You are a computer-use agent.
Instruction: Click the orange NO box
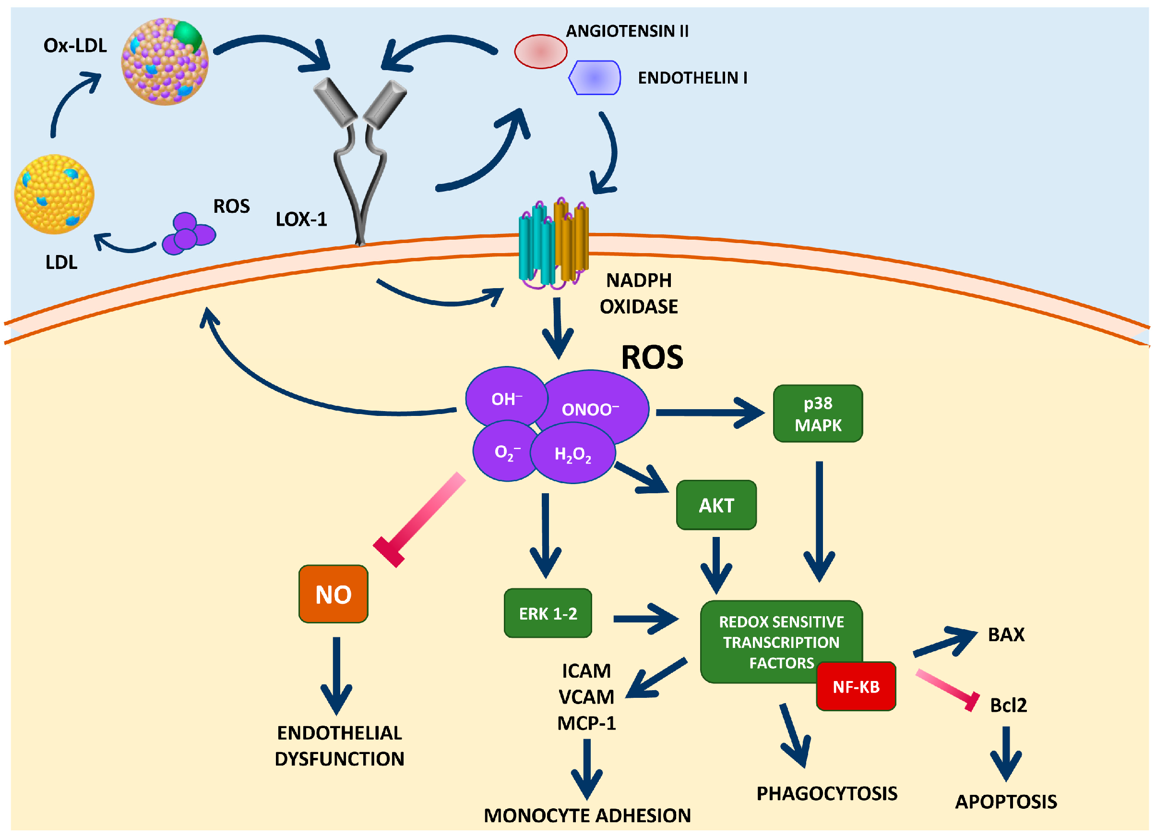(x=334, y=594)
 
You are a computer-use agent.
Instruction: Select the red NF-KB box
(x=856, y=686)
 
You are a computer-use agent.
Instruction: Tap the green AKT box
(x=716, y=505)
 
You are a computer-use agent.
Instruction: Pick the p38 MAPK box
(x=818, y=414)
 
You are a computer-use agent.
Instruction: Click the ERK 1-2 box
(x=548, y=613)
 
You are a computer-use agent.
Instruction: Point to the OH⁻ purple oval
(x=506, y=398)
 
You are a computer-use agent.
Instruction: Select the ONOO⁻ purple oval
(x=591, y=409)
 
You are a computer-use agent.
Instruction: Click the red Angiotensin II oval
(x=541, y=51)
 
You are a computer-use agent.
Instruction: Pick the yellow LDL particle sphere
(x=54, y=195)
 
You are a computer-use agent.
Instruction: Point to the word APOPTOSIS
(x=1006, y=802)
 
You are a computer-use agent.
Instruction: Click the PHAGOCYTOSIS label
(x=827, y=793)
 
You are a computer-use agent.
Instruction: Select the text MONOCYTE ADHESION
(x=587, y=816)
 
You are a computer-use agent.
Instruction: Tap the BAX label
(x=1006, y=634)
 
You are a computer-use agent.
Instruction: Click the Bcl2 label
(x=1008, y=705)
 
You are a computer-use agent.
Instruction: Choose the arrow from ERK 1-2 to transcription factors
(x=646, y=619)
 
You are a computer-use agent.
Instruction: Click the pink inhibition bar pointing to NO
(x=419, y=520)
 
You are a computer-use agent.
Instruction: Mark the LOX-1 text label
(x=301, y=219)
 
